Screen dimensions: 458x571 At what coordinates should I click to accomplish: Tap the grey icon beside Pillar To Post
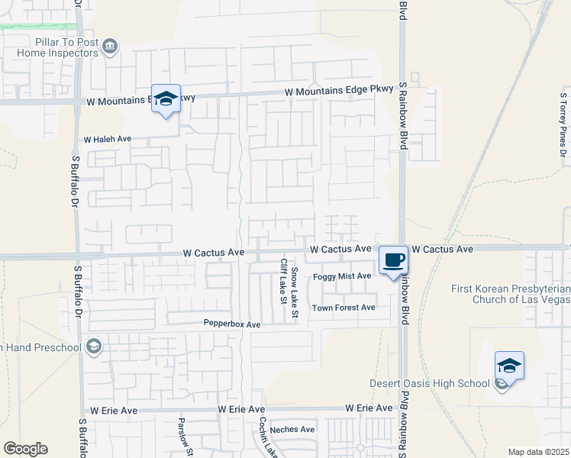(x=110, y=47)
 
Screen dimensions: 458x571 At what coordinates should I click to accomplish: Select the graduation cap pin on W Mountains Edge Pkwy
(x=166, y=100)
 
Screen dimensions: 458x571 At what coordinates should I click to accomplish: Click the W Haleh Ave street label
(x=108, y=140)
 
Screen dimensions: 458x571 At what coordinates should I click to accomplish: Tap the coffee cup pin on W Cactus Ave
(x=394, y=260)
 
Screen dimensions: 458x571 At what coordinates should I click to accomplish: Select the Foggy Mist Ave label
(x=341, y=276)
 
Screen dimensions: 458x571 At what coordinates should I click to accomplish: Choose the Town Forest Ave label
(x=344, y=308)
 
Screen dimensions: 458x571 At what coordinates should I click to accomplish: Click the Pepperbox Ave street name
(x=232, y=324)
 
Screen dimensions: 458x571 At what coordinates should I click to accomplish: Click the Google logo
(x=26, y=449)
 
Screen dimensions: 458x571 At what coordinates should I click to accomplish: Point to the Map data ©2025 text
(x=538, y=452)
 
